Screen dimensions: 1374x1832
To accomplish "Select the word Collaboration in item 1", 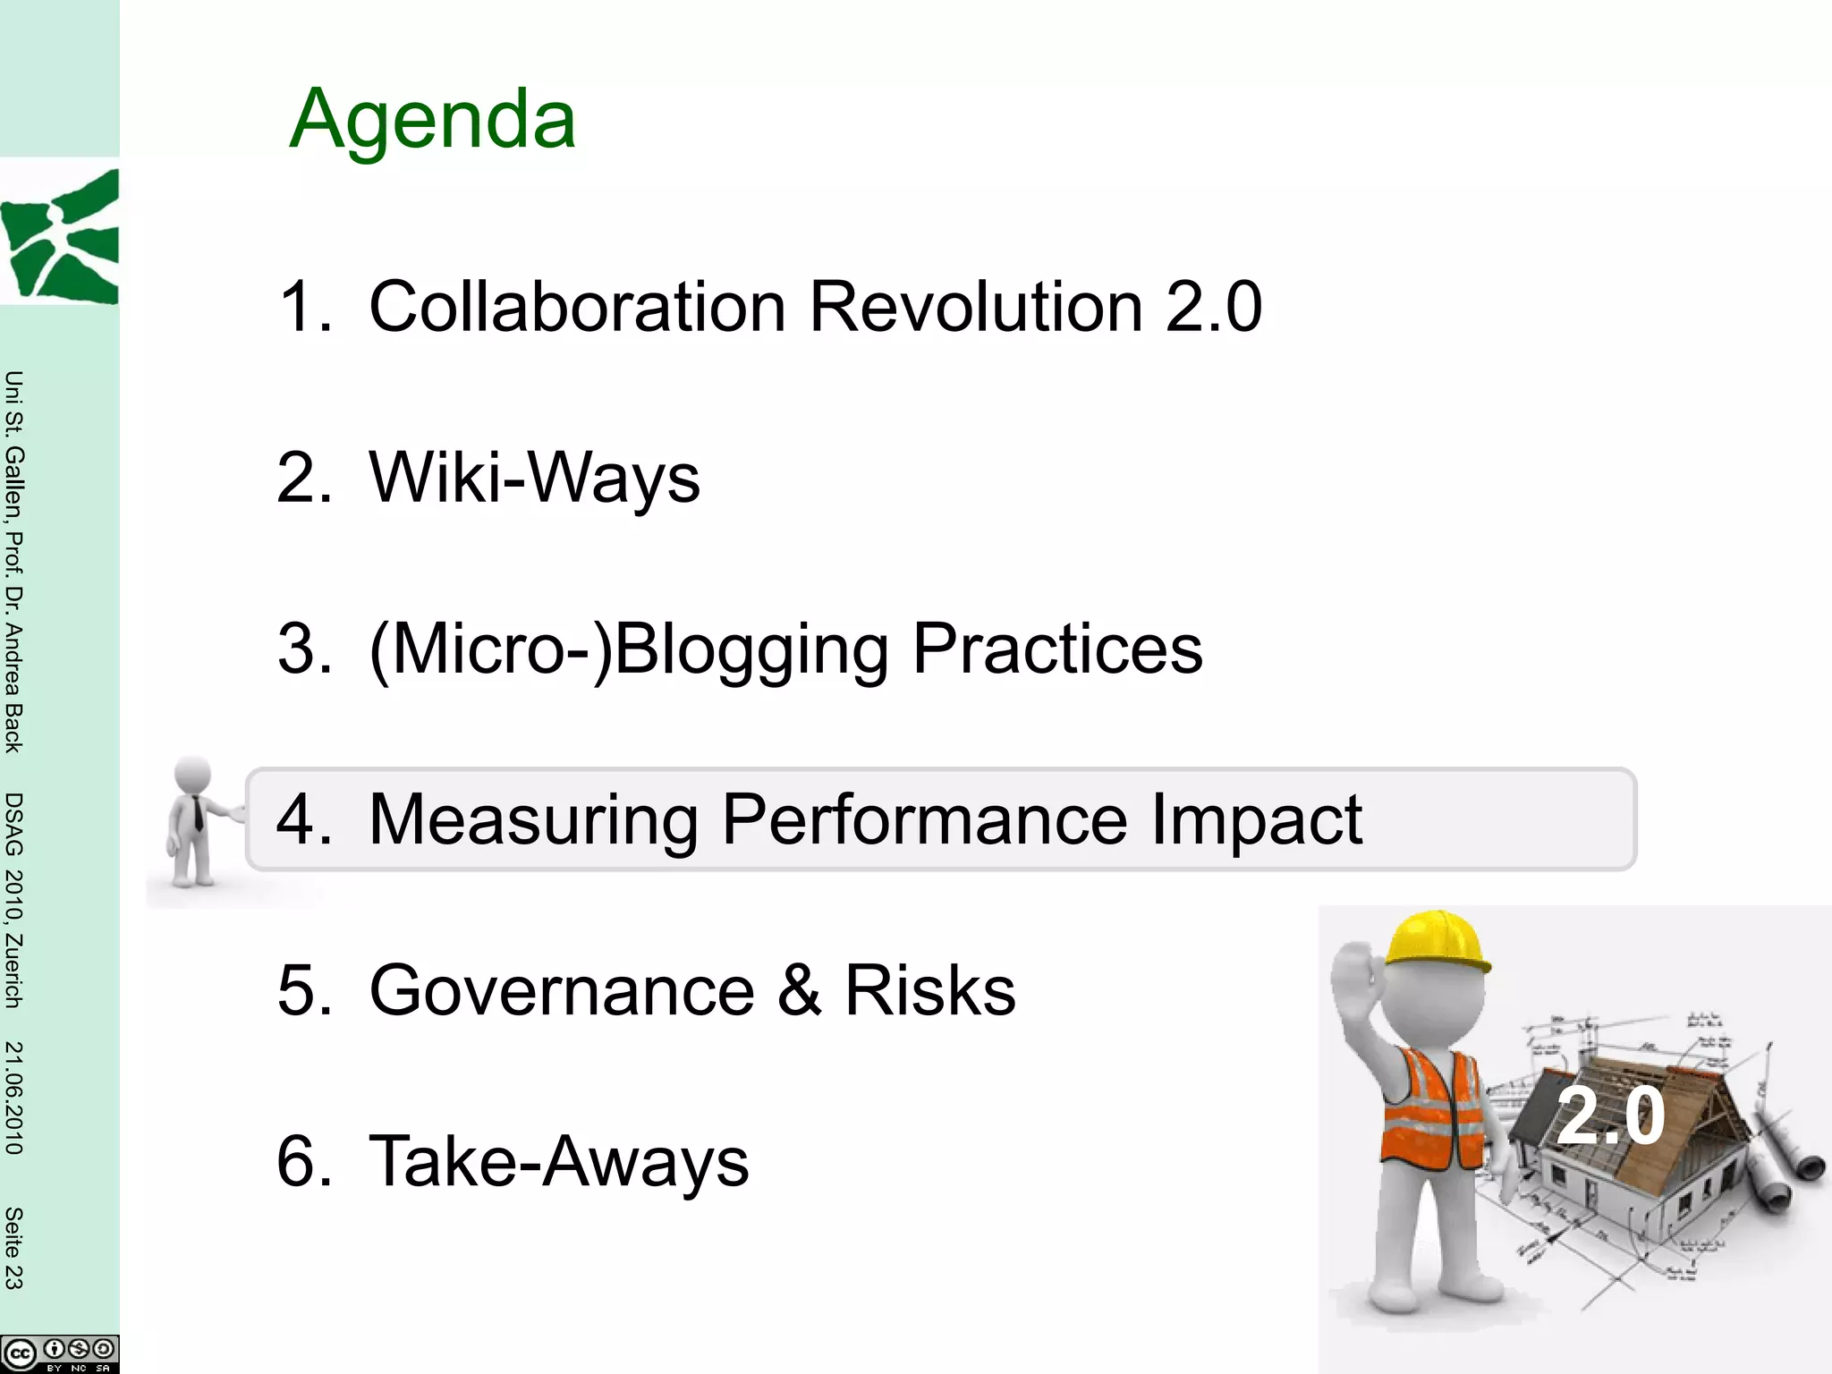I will click(578, 307).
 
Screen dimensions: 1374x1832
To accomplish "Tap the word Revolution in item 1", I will click(976, 307).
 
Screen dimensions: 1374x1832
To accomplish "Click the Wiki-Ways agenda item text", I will click(534, 478).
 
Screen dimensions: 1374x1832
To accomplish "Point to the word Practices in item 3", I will click(1057, 649).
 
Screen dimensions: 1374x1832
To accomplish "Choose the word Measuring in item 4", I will click(533, 819).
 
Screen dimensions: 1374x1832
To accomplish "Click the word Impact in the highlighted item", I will click(1256, 819).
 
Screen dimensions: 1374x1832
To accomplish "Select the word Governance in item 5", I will click(562, 990).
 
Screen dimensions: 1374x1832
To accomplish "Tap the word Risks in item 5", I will click(930, 990).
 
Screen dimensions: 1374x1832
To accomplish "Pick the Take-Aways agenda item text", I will click(558, 1161).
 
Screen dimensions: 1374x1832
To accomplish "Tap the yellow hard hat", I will click(1435, 943).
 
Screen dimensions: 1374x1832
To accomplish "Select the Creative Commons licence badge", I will click(59, 1353).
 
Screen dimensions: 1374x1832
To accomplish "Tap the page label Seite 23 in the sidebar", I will click(13, 1248).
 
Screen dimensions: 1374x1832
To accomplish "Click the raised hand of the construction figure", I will click(1354, 975).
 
